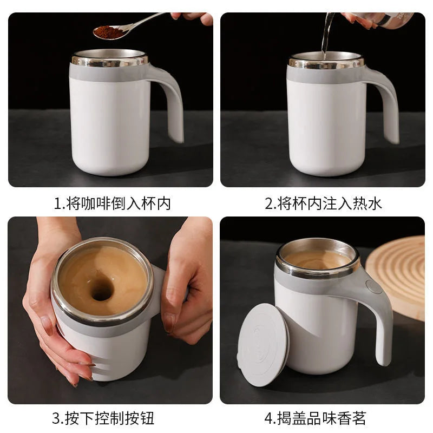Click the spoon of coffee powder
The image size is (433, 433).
[x=108, y=32]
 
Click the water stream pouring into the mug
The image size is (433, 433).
[x=326, y=35]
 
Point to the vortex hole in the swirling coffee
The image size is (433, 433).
[x=102, y=291]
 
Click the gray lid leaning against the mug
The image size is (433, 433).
[x=263, y=344]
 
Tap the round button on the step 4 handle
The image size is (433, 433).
[x=373, y=286]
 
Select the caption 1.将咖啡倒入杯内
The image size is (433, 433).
[x=112, y=204]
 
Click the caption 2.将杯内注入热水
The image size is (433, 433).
[x=324, y=204]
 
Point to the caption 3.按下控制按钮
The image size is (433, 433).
[x=103, y=418]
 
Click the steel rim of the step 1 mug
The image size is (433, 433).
[x=109, y=61]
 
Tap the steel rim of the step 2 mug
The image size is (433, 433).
[x=326, y=62]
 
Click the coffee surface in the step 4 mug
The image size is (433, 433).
[x=318, y=259]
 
